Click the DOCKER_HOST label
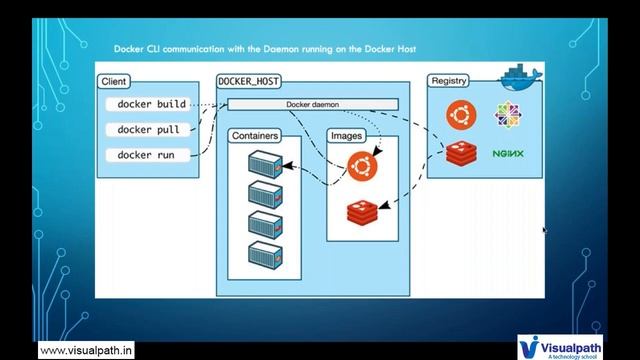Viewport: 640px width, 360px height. tap(248, 81)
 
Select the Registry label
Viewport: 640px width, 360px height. tap(450, 81)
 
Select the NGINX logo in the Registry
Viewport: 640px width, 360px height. tap(509, 154)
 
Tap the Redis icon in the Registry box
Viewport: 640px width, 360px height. tap(461, 153)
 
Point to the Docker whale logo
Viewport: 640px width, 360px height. tap(518, 76)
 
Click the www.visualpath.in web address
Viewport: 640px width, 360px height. tap(88, 350)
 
